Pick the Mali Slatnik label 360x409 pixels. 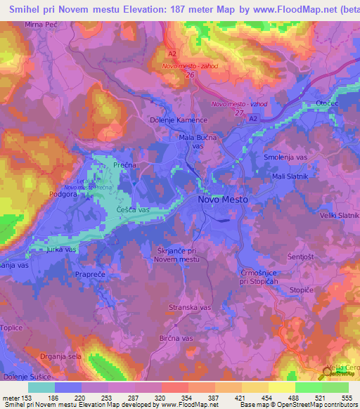(x=292, y=177)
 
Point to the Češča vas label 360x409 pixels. (x=134, y=210)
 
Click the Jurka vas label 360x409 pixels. (x=61, y=249)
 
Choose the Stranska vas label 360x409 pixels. (x=190, y=308)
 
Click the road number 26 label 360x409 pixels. (x=189, y=75)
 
